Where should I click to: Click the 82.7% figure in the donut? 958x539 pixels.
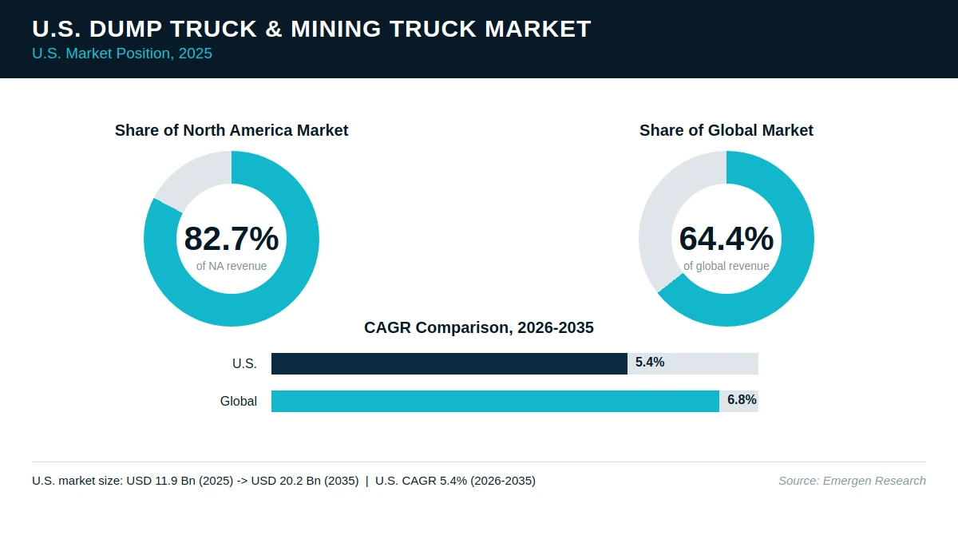click(x=232, y=239)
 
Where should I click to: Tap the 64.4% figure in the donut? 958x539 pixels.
click(x=726, y=239)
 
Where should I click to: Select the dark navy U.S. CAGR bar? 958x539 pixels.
click(x=449, y=363)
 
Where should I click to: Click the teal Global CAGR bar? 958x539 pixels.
click(x=495, y=401)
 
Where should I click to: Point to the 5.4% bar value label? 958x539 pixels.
click(x=650, y=363)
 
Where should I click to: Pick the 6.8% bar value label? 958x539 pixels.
click(x=742, y=399)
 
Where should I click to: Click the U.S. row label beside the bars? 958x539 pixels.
click(x=244, y=363)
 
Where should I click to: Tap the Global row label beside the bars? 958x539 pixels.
click(x=238, y=401)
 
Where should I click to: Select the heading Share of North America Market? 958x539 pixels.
click(x=232, y=130)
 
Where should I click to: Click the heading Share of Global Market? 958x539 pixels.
click(x=726, y=130)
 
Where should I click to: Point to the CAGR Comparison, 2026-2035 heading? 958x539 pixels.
click(x=478, y=327)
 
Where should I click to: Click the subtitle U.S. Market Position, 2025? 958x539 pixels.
click(x=122, y=54)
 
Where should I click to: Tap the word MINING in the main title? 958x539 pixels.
click(x=336, y=29)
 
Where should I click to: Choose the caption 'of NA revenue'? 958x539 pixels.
click(x=232, y=266)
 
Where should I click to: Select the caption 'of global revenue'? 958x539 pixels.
click(x=726, y=266)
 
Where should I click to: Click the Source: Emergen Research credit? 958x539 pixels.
click(x=852, y=481)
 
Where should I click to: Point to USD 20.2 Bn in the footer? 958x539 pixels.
click(x=286, y=481)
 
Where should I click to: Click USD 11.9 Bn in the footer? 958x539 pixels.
click(x=161, y=481)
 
